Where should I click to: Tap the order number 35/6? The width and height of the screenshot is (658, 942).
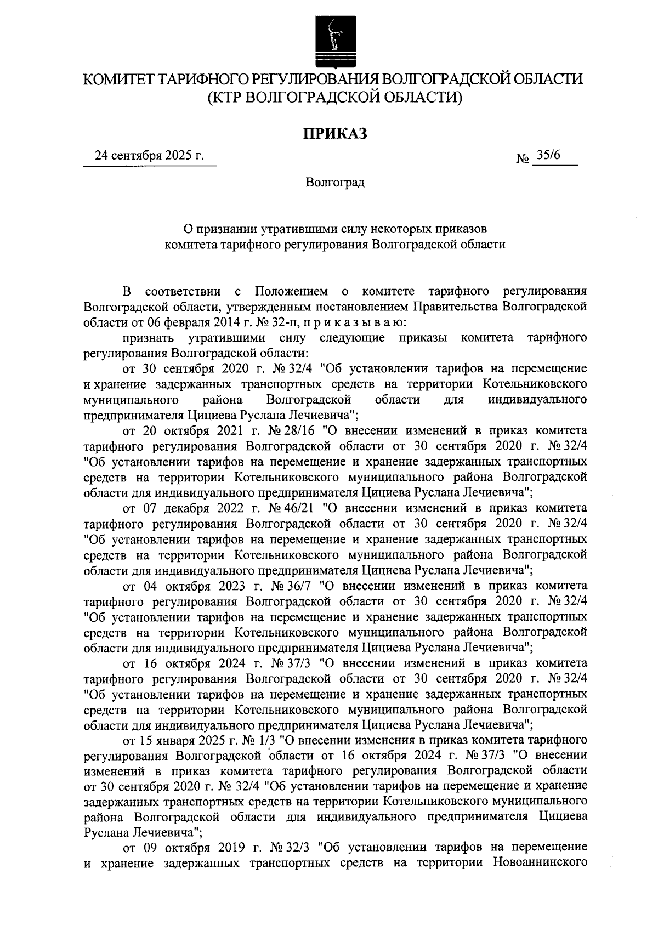549,155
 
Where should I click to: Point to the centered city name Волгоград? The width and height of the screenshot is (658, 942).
335,182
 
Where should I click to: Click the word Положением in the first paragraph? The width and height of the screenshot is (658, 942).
291,290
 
